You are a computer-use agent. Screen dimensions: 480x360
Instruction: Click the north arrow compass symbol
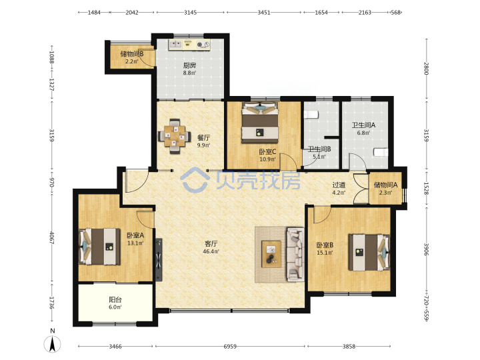pos(53,344)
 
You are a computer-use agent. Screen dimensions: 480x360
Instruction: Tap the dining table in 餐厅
pos(174,136)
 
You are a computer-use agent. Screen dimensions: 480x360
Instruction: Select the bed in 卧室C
pos(260,123)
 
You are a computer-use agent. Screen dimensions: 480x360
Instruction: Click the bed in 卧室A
pos(99,247)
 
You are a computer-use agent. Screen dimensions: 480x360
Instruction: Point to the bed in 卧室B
pos(369,253)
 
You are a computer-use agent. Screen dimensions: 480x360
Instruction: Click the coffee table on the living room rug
pos(271,254)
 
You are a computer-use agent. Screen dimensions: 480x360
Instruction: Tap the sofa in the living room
pos(295,254)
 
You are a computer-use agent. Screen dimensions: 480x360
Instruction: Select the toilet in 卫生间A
pos(381,152)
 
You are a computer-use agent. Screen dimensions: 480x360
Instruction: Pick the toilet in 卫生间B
pos(311,115)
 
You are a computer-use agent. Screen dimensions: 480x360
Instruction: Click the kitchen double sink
pos(175,45)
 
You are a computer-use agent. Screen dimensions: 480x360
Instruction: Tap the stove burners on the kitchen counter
pos(203,45)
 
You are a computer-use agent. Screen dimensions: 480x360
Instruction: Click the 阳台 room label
pos(115,300)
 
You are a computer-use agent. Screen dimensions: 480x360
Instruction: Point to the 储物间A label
pos(385,185)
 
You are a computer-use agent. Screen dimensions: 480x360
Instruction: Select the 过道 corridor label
pos(339,185)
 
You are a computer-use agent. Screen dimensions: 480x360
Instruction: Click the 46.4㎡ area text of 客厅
pos(211,251)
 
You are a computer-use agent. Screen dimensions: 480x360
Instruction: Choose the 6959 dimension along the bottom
pos(230,346)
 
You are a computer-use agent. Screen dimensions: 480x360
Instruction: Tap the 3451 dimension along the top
pos(263,13)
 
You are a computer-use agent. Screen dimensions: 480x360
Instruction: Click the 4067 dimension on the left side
pos(51,238)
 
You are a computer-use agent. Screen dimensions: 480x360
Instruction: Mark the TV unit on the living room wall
pos(159,259)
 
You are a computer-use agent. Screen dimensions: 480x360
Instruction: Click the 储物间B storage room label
pos(132,54)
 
